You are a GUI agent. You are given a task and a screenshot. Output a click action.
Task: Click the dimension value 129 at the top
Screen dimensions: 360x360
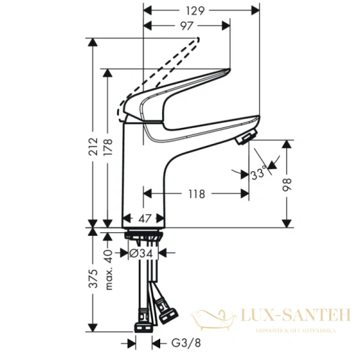click(197, 10)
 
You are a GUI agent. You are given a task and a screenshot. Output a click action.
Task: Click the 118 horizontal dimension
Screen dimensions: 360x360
click(196, 194)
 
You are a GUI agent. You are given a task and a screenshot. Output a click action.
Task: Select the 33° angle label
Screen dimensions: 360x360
click(259, 175)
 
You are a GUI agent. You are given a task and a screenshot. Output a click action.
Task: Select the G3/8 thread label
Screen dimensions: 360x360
click(180, 344)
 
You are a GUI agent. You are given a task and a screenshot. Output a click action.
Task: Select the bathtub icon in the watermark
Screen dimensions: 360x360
click(214, 318)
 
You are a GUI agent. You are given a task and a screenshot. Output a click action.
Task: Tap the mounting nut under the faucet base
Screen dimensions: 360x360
click(143, 236)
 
